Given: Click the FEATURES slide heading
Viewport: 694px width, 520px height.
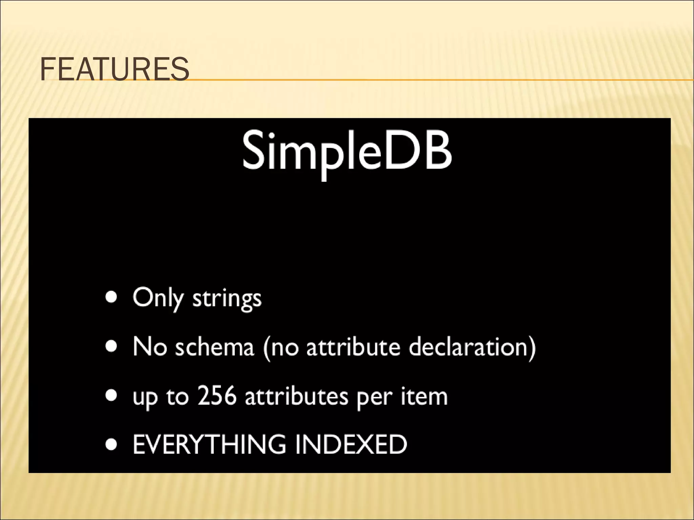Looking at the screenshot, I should click(114, 69).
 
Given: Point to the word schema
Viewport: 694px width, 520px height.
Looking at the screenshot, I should click(214, 347).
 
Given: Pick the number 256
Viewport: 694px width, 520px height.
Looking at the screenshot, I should click(217, 396).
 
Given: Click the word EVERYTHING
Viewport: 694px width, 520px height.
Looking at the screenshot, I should click(209, 444).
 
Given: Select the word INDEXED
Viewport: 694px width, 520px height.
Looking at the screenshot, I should click(351, 444).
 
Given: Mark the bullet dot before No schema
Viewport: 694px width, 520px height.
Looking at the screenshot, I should click(111, 346).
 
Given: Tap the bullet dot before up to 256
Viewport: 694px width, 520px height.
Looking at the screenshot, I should click(111, 395).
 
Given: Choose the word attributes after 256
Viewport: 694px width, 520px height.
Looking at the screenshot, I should click(297, 396).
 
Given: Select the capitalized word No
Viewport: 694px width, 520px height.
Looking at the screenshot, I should click(149, 347).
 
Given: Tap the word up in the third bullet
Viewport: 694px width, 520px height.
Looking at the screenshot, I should click(145, 397).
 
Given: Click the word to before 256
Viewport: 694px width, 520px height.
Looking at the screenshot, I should click(177, 396).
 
